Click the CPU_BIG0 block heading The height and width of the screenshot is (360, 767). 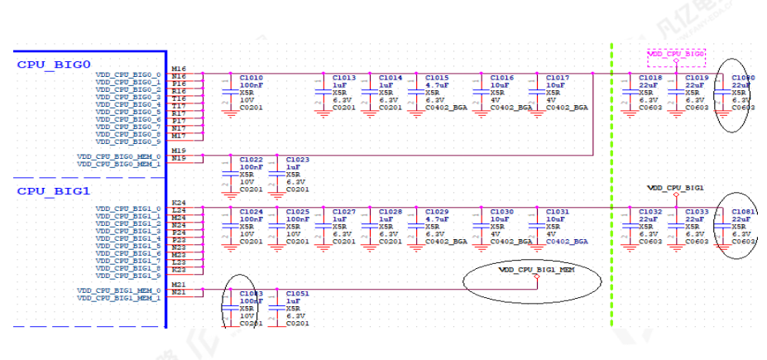tap(54, 64)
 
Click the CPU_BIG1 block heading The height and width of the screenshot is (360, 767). tap(54, 191)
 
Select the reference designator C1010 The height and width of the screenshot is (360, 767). tap(251, 78)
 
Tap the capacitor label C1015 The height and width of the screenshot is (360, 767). tap(437, 78)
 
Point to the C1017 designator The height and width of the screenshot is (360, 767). tap(558, 78)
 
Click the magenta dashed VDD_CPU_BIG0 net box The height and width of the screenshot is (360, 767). tap(676, 54)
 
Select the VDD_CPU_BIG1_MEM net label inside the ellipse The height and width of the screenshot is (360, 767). tap(536, 270)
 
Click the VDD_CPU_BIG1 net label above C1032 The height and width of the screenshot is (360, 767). tap(675, 188)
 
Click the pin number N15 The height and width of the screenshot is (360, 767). tap(178, 157)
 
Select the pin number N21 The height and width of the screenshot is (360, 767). tap(178, 291)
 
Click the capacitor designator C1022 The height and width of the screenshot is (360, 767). tap(251, 160)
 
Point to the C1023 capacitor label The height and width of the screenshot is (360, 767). tap(297, 160)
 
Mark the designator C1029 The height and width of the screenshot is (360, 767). tap(437, 212)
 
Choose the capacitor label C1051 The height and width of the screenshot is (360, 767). tap(297, 294)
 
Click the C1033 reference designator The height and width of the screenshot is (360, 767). tap(697, 212)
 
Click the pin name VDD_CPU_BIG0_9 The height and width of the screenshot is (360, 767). tap(127, 142)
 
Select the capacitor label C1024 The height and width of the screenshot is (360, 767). tap(251, 212)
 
